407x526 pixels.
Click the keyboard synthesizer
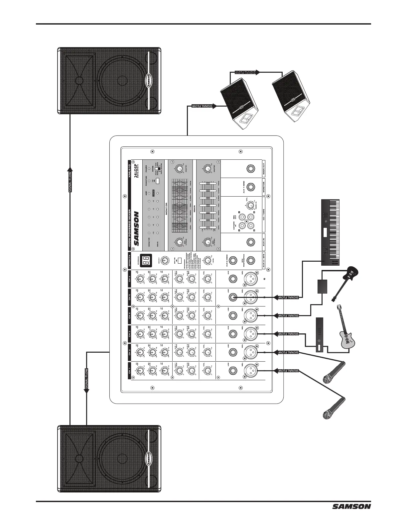pyautogui.click(x=331, y=232)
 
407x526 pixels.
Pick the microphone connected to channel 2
pyautogui.click(x=334, y=372)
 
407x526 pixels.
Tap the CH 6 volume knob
pyautogui.click(x=207, y=279)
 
